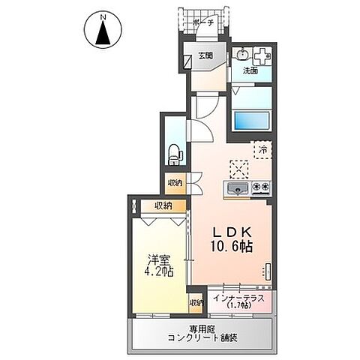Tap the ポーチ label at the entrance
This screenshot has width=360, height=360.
click(x=203, y=23)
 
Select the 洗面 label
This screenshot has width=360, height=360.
click(x=250, y=70)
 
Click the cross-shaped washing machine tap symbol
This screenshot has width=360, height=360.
click(x=262, y=55)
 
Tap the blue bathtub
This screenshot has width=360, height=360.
click(x=253, y=120)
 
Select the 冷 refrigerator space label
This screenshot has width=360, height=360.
click(x=263, y=148)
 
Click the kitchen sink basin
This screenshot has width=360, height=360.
click(x=235, y=187)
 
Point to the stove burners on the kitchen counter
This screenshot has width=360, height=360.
click(x=260, y=187)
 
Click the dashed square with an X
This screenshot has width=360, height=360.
click(x=238, y=166)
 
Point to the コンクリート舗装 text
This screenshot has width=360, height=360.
click(x=203, y=338)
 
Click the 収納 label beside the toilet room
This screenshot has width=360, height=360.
click(x=175, y=181)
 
